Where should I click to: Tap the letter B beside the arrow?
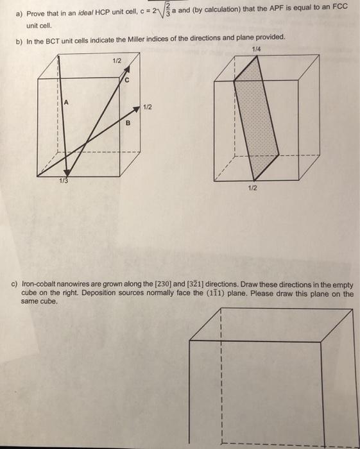coord(128,122)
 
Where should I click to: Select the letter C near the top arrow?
coord(127,81)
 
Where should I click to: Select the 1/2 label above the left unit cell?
coord(116,60)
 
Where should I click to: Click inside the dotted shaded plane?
coord(257,115)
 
